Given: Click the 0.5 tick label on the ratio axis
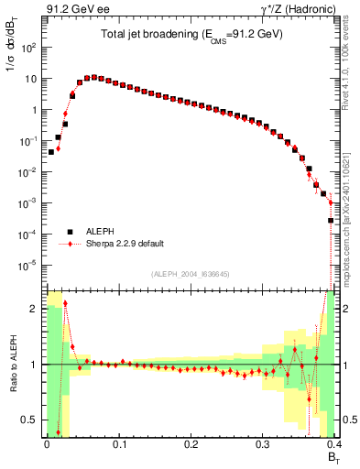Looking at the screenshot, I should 31,420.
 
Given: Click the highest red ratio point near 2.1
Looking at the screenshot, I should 65,303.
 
